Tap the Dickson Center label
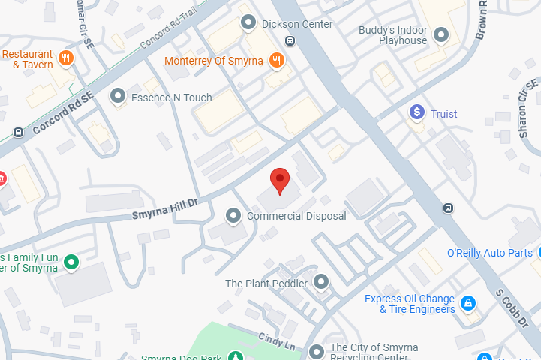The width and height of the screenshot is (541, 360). click(x=296, y=24)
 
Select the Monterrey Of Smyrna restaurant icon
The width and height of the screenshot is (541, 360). click(x=277, y=60)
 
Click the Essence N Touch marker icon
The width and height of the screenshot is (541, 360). click(x=117, y=96)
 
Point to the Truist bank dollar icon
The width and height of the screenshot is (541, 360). click(x=417, y=112)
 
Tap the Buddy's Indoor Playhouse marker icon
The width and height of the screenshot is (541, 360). click(x=441, y=34)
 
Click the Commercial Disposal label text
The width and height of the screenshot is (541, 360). click(x=296, y=216)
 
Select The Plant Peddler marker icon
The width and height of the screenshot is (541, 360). click(x=321, y=283)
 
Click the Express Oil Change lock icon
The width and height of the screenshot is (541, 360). click(x=468, y=303)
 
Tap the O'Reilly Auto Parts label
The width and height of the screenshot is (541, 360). click(x=489, y=253)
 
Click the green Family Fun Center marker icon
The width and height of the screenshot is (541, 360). click(x=71, y=262)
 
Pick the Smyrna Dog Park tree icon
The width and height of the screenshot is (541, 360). click(x=236, y=357)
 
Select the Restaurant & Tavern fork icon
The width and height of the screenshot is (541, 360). click(x=66, y=58)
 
